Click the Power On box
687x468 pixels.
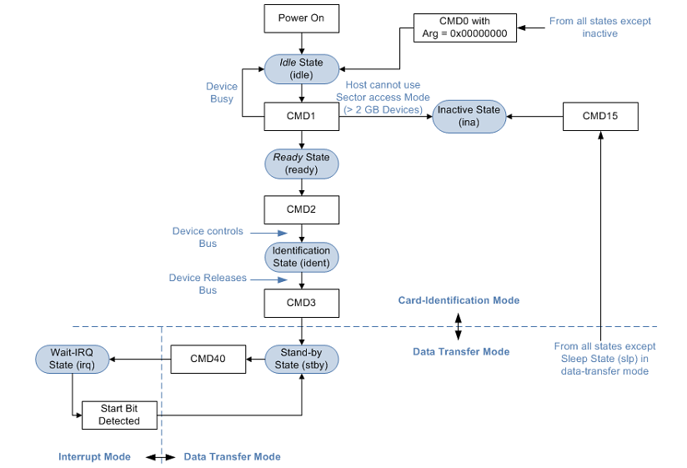(301, 18)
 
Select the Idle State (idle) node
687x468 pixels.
(301, 68)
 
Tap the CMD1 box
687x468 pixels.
(301, 116)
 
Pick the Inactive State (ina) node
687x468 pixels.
(469, 117)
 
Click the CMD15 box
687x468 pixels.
(600, 116)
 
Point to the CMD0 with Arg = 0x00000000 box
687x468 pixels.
(465, 28)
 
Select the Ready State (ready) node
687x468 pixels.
(301, 164)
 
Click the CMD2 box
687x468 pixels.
(301, 209)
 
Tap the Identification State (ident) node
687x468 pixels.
(301, 256)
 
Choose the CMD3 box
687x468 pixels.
(301, 303)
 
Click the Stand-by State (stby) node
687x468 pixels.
(301, 359)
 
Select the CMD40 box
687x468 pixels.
(208, 359)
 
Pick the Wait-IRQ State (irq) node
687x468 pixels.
(73, 359)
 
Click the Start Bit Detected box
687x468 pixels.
(119, 415)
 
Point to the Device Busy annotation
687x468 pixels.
(222, 93)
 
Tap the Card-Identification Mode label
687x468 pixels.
(459, 300)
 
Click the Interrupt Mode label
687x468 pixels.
(95, 457)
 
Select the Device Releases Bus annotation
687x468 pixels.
(208, 284)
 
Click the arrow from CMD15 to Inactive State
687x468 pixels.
(534, 117)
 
